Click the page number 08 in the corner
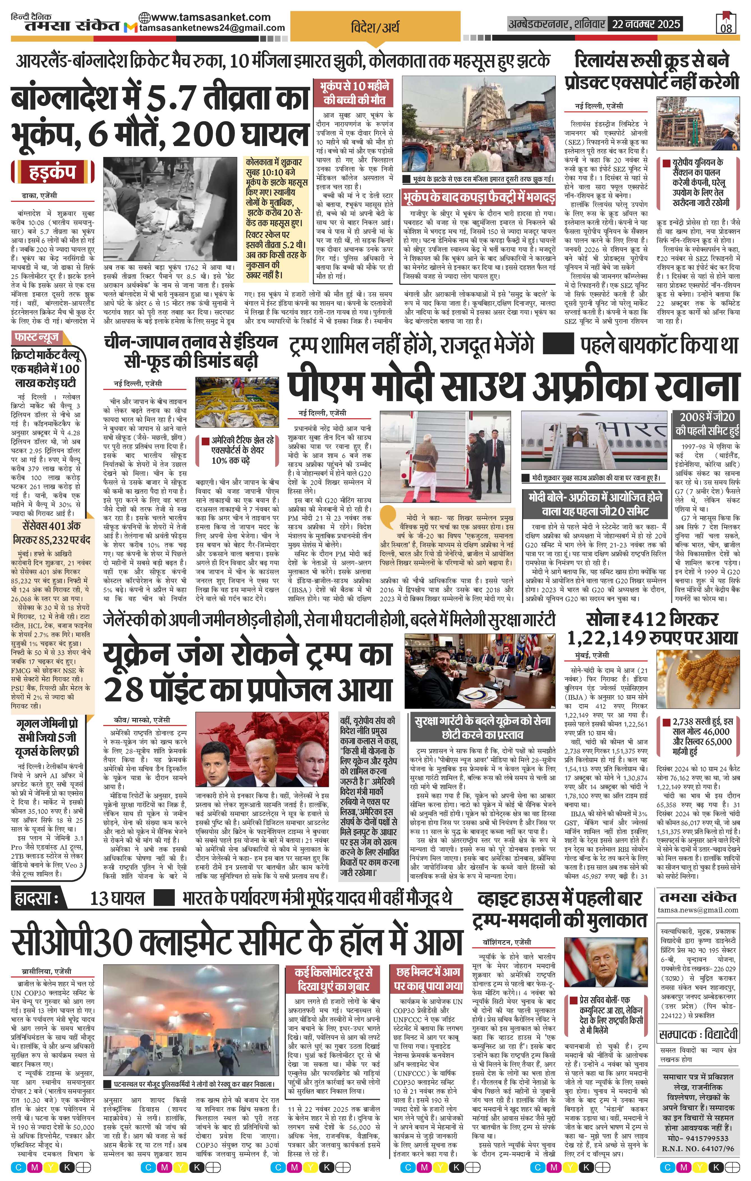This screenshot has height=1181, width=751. pos(726,27)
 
